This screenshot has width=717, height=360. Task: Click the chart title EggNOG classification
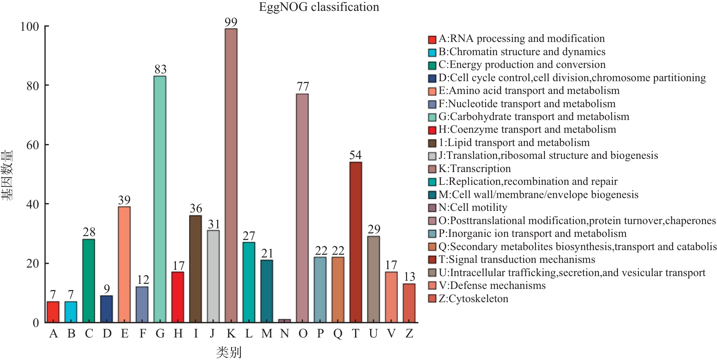319,7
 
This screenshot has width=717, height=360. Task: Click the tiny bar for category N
284,321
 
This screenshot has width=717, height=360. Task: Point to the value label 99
231,23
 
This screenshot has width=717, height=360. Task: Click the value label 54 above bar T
355,155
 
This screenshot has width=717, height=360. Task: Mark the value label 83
160,70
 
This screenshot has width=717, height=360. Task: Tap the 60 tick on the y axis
33,145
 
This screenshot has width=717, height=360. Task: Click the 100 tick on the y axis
30,26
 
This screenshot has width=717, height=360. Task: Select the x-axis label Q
338,334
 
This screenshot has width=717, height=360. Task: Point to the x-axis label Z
409,334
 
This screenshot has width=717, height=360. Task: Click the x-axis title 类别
229,352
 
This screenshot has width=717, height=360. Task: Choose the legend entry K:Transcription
474,169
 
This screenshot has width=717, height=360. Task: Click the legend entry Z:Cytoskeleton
473,299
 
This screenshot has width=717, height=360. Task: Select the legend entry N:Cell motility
473,208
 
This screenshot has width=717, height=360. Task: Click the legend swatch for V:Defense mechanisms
432,286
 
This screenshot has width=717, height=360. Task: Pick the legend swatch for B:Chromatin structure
432,52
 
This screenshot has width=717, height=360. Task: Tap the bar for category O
302,208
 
